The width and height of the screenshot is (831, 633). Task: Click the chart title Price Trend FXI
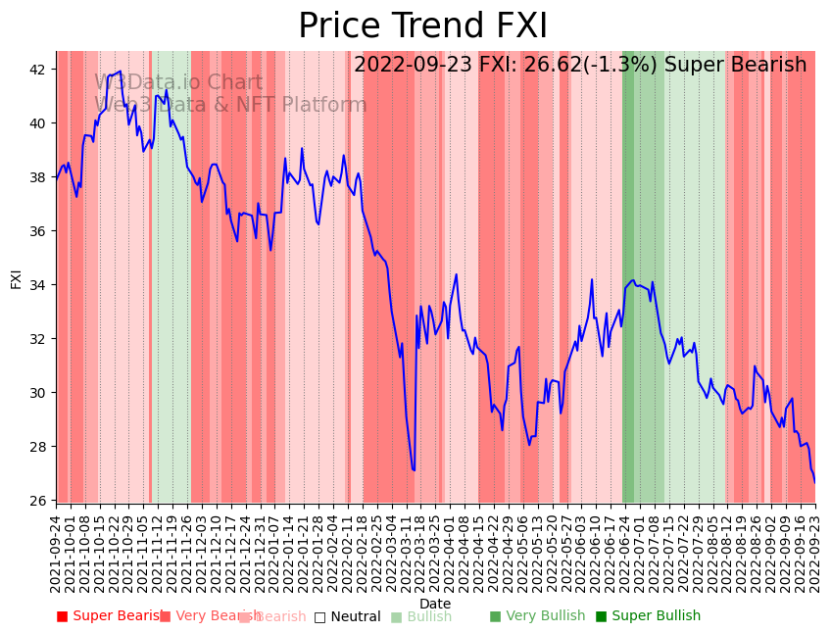pos(422,26)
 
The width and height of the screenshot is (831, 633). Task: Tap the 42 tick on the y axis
pos(38,70)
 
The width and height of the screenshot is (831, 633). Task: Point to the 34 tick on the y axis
pos(38,285)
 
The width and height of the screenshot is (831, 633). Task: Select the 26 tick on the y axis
pos(38,501)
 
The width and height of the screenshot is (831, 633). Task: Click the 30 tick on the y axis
pos(38,393)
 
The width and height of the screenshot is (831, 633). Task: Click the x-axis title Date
pos(435,604)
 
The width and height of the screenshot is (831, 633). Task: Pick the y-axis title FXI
pos(16,277)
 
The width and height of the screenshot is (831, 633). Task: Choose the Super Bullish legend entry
pos(648,616)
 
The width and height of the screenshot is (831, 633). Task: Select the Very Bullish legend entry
pos(537,616)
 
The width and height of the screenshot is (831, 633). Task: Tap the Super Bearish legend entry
pos(110,616)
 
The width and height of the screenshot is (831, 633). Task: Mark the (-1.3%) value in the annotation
pos(624,66)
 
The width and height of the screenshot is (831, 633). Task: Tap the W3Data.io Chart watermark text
pos(178,83)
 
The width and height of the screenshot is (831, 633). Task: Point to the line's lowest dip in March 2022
pos(414,470)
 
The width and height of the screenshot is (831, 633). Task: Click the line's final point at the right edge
pos(814,482)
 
